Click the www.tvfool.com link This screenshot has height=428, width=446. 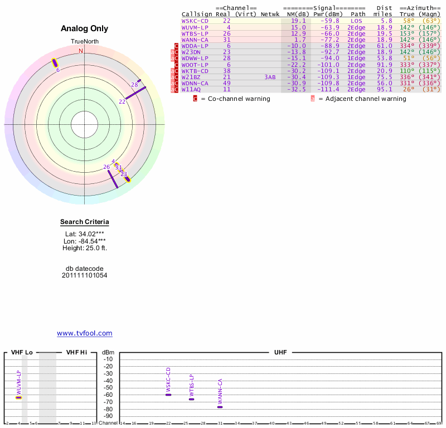tap(85, 333)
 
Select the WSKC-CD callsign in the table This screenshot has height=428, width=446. tap(195, 21)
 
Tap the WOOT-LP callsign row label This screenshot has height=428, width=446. tap(195, 65)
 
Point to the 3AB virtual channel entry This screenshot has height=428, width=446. tap(270, 77)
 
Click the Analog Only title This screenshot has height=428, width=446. tap(84, 29)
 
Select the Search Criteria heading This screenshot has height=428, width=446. tap(85, 222)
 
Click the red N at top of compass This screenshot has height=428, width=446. tap(81, 51)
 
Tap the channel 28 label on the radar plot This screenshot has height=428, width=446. tap(134, 85)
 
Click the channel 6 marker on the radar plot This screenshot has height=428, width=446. tap(55, 63)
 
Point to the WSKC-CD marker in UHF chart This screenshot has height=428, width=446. tap(168, 395)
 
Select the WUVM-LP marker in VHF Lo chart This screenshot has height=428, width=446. tap(18, 397)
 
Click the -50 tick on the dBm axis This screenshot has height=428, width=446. tap(108, 388)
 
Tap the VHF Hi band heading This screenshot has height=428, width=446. tap(76, 353)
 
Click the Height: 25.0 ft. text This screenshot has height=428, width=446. tap(85, 248)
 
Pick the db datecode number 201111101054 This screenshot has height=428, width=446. tap(85, 275)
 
